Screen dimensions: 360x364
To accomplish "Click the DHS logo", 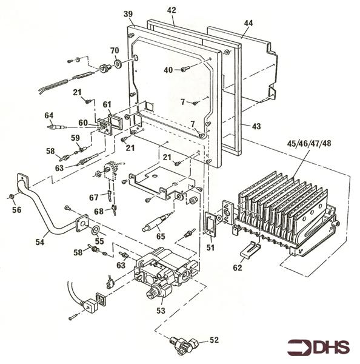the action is point(318,348).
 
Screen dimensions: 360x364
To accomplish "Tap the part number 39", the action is point(128,14).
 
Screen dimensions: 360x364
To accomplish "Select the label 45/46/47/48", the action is point(309,143).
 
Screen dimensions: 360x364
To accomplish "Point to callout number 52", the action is point(214,340).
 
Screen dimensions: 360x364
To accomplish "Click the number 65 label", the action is point(161,237).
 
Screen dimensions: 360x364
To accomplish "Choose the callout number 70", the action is point(115,50).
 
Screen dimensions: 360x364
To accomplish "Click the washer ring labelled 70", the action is point(119,64).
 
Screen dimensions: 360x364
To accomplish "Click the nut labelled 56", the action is point(11,197).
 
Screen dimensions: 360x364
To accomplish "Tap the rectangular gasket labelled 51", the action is point(210,224).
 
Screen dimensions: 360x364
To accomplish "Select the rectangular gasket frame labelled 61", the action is point(116,121).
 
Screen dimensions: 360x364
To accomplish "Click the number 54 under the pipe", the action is point(39,242).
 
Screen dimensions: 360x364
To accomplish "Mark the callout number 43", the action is point(256,126).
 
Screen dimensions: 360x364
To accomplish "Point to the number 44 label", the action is point(248,23).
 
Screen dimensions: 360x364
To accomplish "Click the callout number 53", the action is point(161,311).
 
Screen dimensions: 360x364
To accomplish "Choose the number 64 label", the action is point(49,115).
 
